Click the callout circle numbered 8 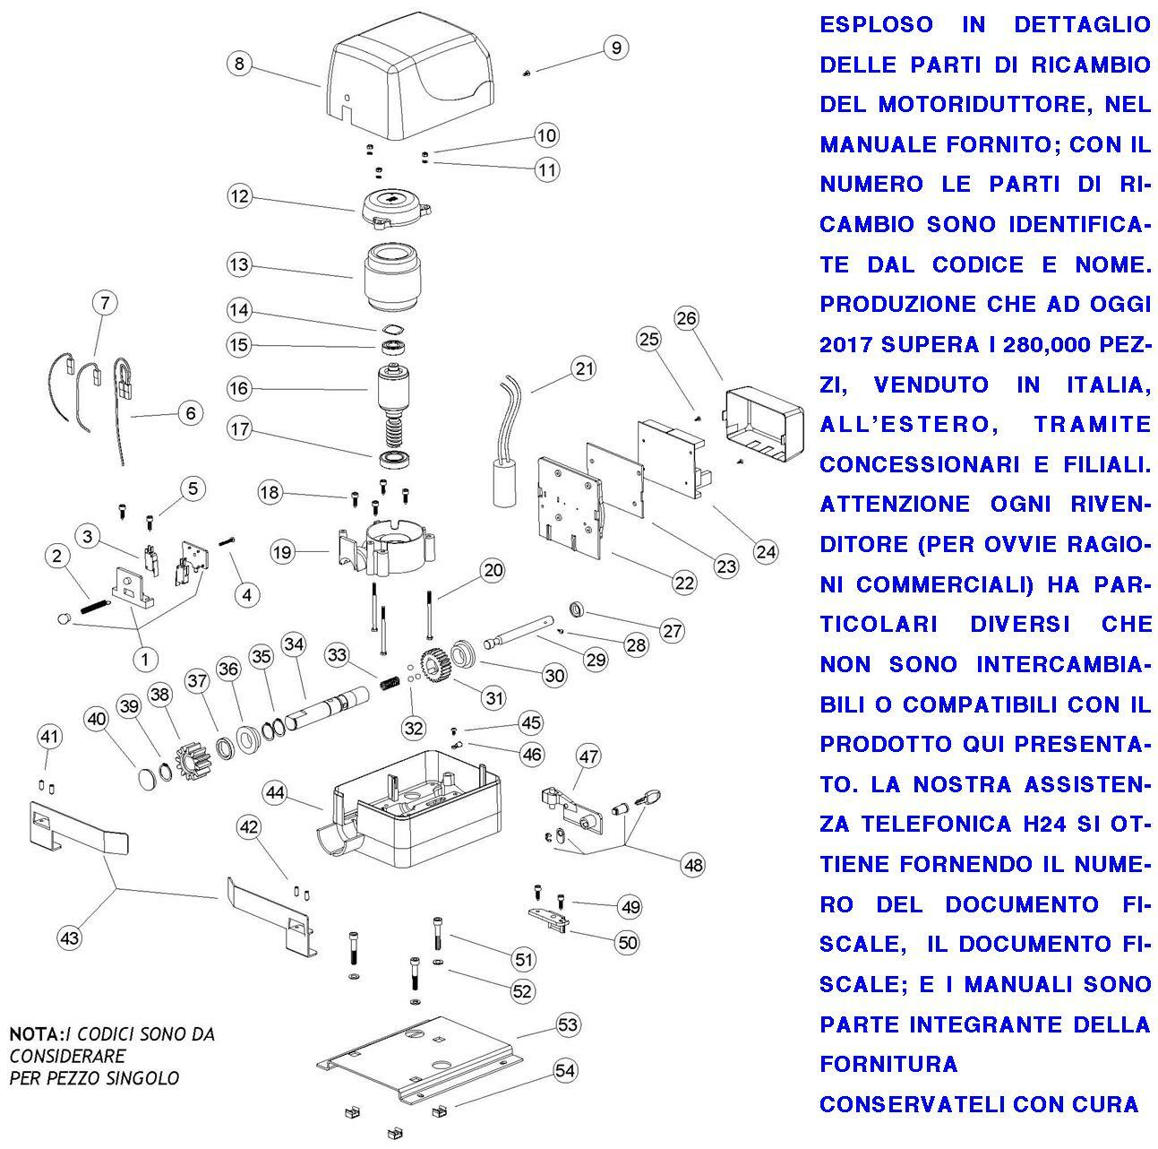[238, 64]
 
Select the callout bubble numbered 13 [238, 265]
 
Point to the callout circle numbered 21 [585, 368]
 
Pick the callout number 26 [686, 318]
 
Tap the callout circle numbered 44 [275, 792]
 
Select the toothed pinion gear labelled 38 [192, 727]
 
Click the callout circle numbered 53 [568, 1024]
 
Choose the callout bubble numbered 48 [692, 865]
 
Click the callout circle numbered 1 [144, 659]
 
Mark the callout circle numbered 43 [69, 938]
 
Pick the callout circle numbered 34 [294, 644]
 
